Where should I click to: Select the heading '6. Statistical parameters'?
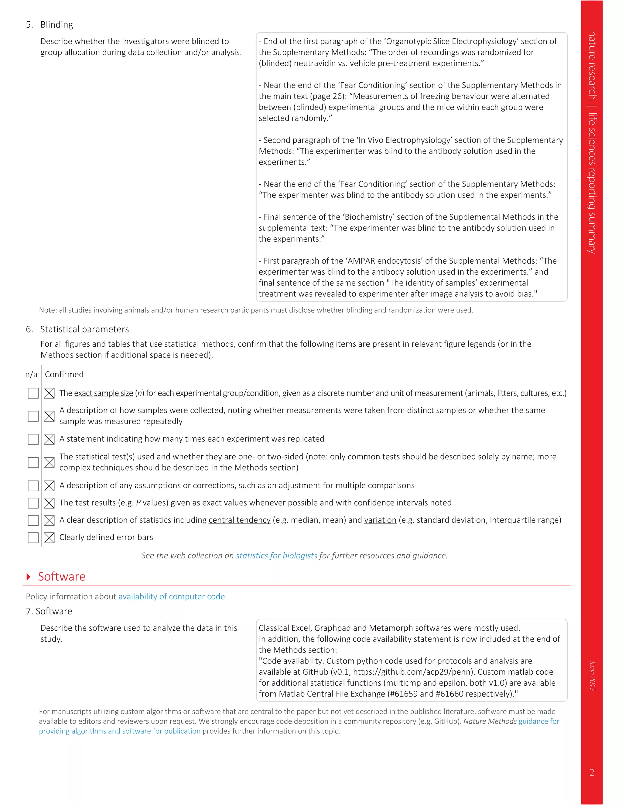pos(77,329)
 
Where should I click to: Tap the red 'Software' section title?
pos(62,577)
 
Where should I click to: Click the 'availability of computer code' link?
pos(171,596)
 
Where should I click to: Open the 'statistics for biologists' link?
pos(276,556)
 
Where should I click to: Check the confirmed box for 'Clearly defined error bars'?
pos(49,537)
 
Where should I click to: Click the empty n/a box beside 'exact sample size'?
pos(33,393)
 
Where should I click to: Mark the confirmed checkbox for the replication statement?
pos(49,439)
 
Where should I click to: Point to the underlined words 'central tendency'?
pos(240,520)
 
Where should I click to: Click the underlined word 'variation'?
pos(380,520)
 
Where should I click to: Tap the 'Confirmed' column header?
pos(64,375)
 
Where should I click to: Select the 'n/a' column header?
pos(31,375)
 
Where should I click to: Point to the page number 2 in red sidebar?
pos(592,772)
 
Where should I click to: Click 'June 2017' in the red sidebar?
pos(592,675)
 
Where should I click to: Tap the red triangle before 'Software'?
pos(28,577)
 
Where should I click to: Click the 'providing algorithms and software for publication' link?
pos(120,731)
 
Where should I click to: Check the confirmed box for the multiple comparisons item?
pos(49,485)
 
